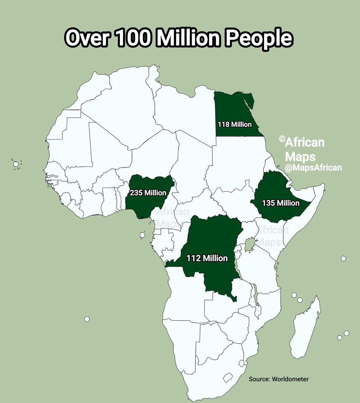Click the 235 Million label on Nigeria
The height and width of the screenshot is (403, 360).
[x=148, y=193]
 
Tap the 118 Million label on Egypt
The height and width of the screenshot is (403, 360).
[x=234, y=125]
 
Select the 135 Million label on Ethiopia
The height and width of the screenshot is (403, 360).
[x=281, y=203]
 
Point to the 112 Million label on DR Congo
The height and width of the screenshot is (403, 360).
[x=207, y=258]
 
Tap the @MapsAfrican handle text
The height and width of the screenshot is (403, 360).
[x=313, y=167]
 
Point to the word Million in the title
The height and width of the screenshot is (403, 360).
[x=190, y=38]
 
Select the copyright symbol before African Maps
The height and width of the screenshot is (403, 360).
[x=282, y=139]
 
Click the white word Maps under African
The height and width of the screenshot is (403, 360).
[x=300, y=156]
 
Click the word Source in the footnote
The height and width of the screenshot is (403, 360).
[x=258, y=379]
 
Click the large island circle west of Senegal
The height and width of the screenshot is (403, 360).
[x=16, y=164]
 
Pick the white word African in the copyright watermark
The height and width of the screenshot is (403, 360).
[x=305, y=143]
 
